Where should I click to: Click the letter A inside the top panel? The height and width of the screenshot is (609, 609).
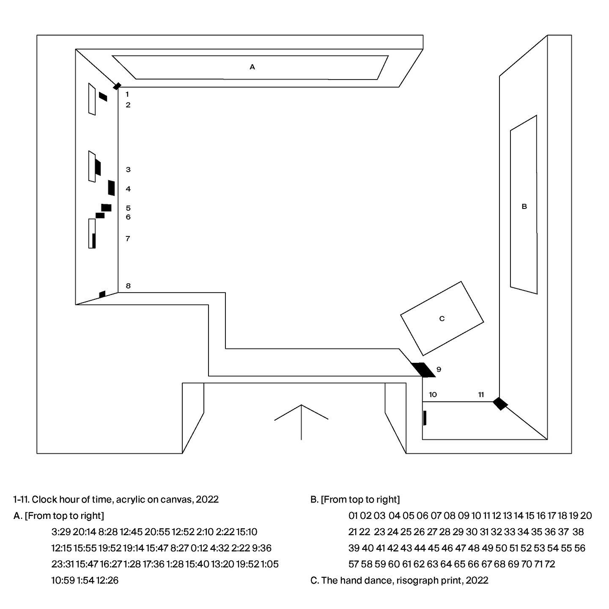(x=252, y=67)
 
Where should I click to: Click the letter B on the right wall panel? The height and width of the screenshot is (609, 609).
(x=524, y=207)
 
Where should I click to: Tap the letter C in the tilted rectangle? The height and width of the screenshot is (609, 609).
(x=442, y=318)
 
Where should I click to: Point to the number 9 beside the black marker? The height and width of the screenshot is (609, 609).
(x=439, y=369)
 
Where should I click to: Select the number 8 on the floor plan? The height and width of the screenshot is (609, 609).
(x=128, y=286)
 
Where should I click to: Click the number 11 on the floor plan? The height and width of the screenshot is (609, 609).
(x=481, y=395)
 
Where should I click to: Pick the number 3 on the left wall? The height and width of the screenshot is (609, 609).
(x=128, y=170)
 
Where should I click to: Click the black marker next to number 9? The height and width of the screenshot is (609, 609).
(x=423, y=370)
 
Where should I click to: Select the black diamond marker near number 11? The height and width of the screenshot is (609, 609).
(x=500, y=403)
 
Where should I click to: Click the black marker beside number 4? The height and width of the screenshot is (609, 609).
(x=111, y=188)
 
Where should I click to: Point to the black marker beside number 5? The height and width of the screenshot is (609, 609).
(x=106, y=208)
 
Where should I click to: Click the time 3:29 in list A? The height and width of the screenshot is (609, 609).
(x=61, y=532)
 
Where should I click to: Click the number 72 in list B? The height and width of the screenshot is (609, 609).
(x=550, y=564)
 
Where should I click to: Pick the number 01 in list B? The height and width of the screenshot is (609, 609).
(x=354, y=516)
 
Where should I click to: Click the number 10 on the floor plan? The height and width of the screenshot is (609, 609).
(x=433, y=395)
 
